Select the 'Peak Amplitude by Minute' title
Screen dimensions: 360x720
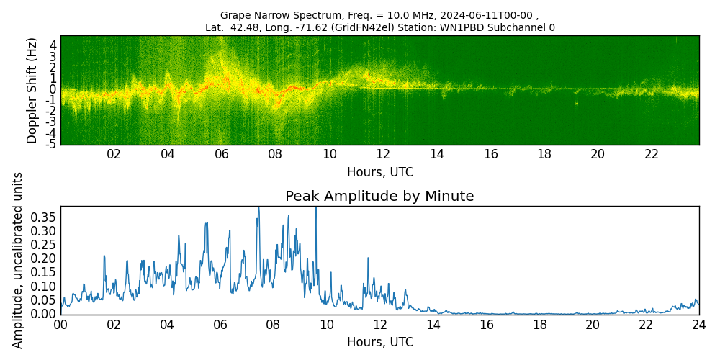click(379, 197)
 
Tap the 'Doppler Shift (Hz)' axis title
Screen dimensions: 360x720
click(32, 90)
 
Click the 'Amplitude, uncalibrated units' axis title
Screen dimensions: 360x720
click(18, 260)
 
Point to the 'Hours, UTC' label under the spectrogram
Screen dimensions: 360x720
click(379, 173)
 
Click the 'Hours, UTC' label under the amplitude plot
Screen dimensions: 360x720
click(379, 342)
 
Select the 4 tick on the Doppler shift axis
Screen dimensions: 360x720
click(53, 45)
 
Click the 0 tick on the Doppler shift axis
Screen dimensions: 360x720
click(53, 89)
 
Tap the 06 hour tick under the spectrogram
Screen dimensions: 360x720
click(221, 154)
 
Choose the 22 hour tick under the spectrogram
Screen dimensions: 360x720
click(652, 154)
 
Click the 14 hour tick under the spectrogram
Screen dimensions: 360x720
click(436, 154)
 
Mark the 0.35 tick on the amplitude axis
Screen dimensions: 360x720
click(42, 217)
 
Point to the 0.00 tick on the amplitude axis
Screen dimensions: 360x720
click(42, 313)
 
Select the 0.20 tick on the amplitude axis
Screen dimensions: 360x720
click(42, 258)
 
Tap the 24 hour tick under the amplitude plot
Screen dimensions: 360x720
click(698, 324)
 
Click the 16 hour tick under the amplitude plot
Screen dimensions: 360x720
click(486, 324)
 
